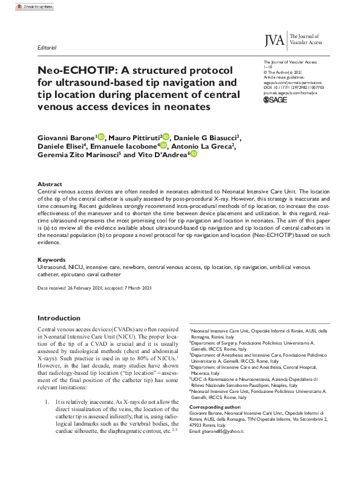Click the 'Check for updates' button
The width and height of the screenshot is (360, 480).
point(30,6)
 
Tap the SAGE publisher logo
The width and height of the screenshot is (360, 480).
point(275,100)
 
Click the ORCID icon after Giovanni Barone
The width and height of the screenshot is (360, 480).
point(100,137)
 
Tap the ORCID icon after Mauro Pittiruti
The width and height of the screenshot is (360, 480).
point(166,137)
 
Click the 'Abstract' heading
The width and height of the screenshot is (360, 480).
point(50,184)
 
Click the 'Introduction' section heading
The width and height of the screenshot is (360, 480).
point(59,318)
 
